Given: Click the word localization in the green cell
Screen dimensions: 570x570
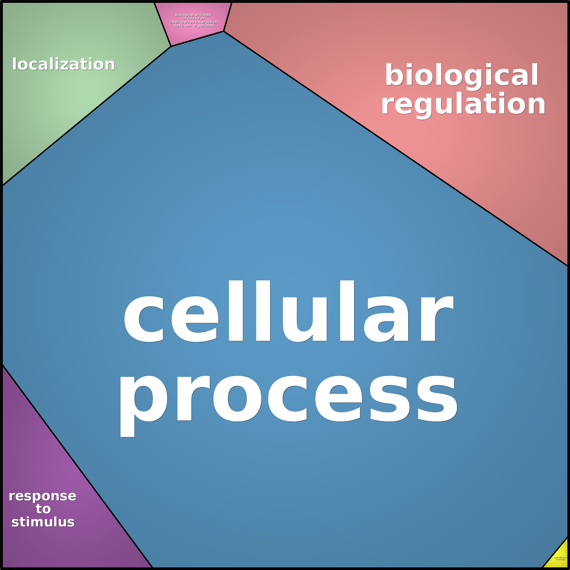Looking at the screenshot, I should [x=64, y=64].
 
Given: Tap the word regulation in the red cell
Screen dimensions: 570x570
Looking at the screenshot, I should [x=463, y=104].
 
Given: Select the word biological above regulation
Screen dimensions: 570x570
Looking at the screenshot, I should [x=462, y=75].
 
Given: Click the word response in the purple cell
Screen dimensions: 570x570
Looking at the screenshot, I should [x=42, y=496].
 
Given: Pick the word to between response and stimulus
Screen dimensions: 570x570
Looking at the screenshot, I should [x=43, y=509].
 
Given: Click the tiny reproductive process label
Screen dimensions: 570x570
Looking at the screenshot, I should [x=560, y=558].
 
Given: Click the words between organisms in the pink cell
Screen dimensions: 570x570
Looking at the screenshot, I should [x=194, y=26].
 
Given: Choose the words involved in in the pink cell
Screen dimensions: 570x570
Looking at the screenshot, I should [x=194, y=18].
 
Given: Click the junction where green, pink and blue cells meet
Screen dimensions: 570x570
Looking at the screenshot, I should [x=171, y=46].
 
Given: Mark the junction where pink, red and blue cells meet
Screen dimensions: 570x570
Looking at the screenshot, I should [x=224, y=31].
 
